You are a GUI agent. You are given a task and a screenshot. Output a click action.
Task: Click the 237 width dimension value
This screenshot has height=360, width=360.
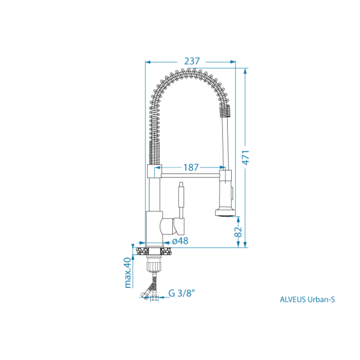192,61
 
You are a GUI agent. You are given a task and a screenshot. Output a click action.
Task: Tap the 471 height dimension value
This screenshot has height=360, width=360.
246,157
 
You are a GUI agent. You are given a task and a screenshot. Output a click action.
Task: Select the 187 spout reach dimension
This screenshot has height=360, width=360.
191,167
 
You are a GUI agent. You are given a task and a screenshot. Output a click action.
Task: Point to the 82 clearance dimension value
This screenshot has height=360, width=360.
238,231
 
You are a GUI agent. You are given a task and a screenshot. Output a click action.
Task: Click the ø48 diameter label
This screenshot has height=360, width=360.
180,241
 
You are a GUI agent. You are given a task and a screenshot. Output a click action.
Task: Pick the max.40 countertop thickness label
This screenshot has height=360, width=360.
128,273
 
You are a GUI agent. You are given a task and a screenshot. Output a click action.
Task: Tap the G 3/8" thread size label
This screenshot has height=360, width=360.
182,293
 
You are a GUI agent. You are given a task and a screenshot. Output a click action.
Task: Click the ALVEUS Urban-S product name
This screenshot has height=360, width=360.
307,299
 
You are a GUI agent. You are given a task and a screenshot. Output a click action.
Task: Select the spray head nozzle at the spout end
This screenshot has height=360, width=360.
225,213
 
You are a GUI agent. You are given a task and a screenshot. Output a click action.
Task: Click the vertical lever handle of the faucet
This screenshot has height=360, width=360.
181,200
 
